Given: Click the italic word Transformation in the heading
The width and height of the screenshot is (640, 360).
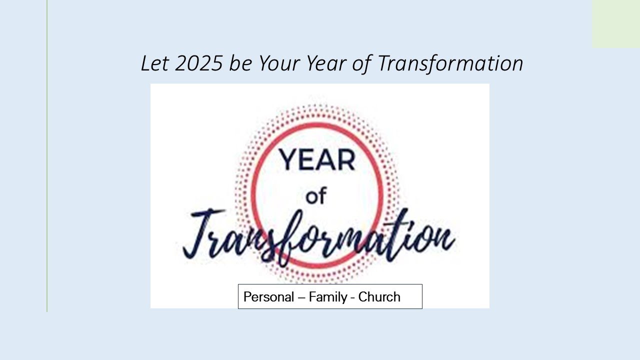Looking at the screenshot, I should [x=450, y=64].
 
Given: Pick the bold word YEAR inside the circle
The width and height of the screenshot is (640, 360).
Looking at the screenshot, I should [x=317, y=159].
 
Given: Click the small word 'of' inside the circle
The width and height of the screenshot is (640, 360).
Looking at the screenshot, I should [x=315, y=196].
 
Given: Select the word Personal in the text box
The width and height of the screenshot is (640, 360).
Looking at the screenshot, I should [x=268, y=297].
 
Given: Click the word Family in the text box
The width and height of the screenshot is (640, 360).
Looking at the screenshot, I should [x=327, y=297].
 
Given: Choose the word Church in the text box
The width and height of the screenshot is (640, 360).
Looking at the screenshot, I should [x=379, y=297].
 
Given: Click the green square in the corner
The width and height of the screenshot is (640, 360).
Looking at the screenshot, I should [x=615, y=23].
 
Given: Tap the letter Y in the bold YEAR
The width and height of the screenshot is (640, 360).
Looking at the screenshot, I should [x=288, y=159].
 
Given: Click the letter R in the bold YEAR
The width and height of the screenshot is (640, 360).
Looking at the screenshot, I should [x=346, y=159].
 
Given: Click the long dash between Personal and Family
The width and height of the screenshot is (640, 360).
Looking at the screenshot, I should [x=301, y=297].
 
